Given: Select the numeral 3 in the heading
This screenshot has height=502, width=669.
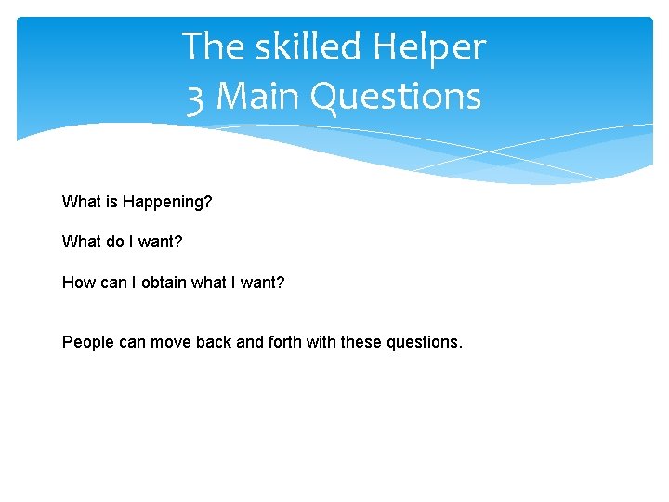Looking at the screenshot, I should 195,97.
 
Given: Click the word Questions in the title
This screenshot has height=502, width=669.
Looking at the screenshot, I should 397,97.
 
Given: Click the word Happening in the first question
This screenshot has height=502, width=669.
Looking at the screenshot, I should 165,202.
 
